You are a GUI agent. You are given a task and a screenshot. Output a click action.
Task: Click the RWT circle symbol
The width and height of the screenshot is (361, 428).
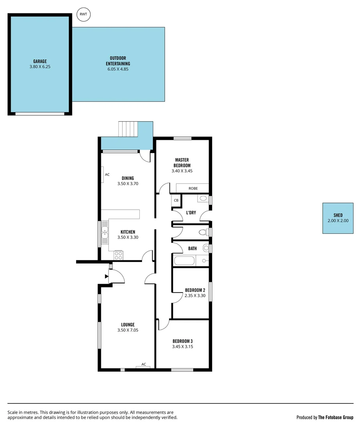pos(84,15)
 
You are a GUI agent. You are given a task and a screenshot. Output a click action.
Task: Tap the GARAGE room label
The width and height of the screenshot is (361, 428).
pos(40,61)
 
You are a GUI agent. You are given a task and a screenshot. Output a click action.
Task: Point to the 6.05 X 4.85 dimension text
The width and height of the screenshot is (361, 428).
pos(118,69)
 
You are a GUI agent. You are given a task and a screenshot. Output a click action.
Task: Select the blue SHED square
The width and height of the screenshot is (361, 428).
pos(338,218)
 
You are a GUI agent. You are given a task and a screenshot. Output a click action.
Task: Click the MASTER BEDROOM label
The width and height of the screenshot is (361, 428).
pos(182,162)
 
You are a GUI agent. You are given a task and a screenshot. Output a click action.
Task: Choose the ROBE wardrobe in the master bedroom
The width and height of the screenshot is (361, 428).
pos(193,188)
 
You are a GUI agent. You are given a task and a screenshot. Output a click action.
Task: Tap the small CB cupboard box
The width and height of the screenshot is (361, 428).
pos(176,201)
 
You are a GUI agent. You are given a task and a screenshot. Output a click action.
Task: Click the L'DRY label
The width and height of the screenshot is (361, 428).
pos(191,213)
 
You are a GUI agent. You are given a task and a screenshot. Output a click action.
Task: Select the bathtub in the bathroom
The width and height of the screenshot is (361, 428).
pos(184,261)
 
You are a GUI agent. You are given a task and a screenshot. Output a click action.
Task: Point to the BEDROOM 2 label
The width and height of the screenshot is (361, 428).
pos(195,290)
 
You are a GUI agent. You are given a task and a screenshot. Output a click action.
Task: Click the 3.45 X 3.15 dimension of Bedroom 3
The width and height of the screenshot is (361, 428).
pos(182,346)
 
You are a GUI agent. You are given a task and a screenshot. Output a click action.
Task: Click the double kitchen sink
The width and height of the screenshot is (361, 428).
pos(105,231)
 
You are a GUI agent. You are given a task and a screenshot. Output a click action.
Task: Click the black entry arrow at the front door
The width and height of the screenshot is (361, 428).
pos(106,277)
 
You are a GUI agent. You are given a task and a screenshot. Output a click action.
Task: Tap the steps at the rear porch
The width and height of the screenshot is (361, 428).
pos(128,129)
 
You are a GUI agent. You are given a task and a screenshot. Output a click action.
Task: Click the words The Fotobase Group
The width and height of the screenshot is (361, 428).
pos(336,417)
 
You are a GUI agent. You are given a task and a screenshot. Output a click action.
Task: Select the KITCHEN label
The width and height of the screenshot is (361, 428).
pos(128,232)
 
